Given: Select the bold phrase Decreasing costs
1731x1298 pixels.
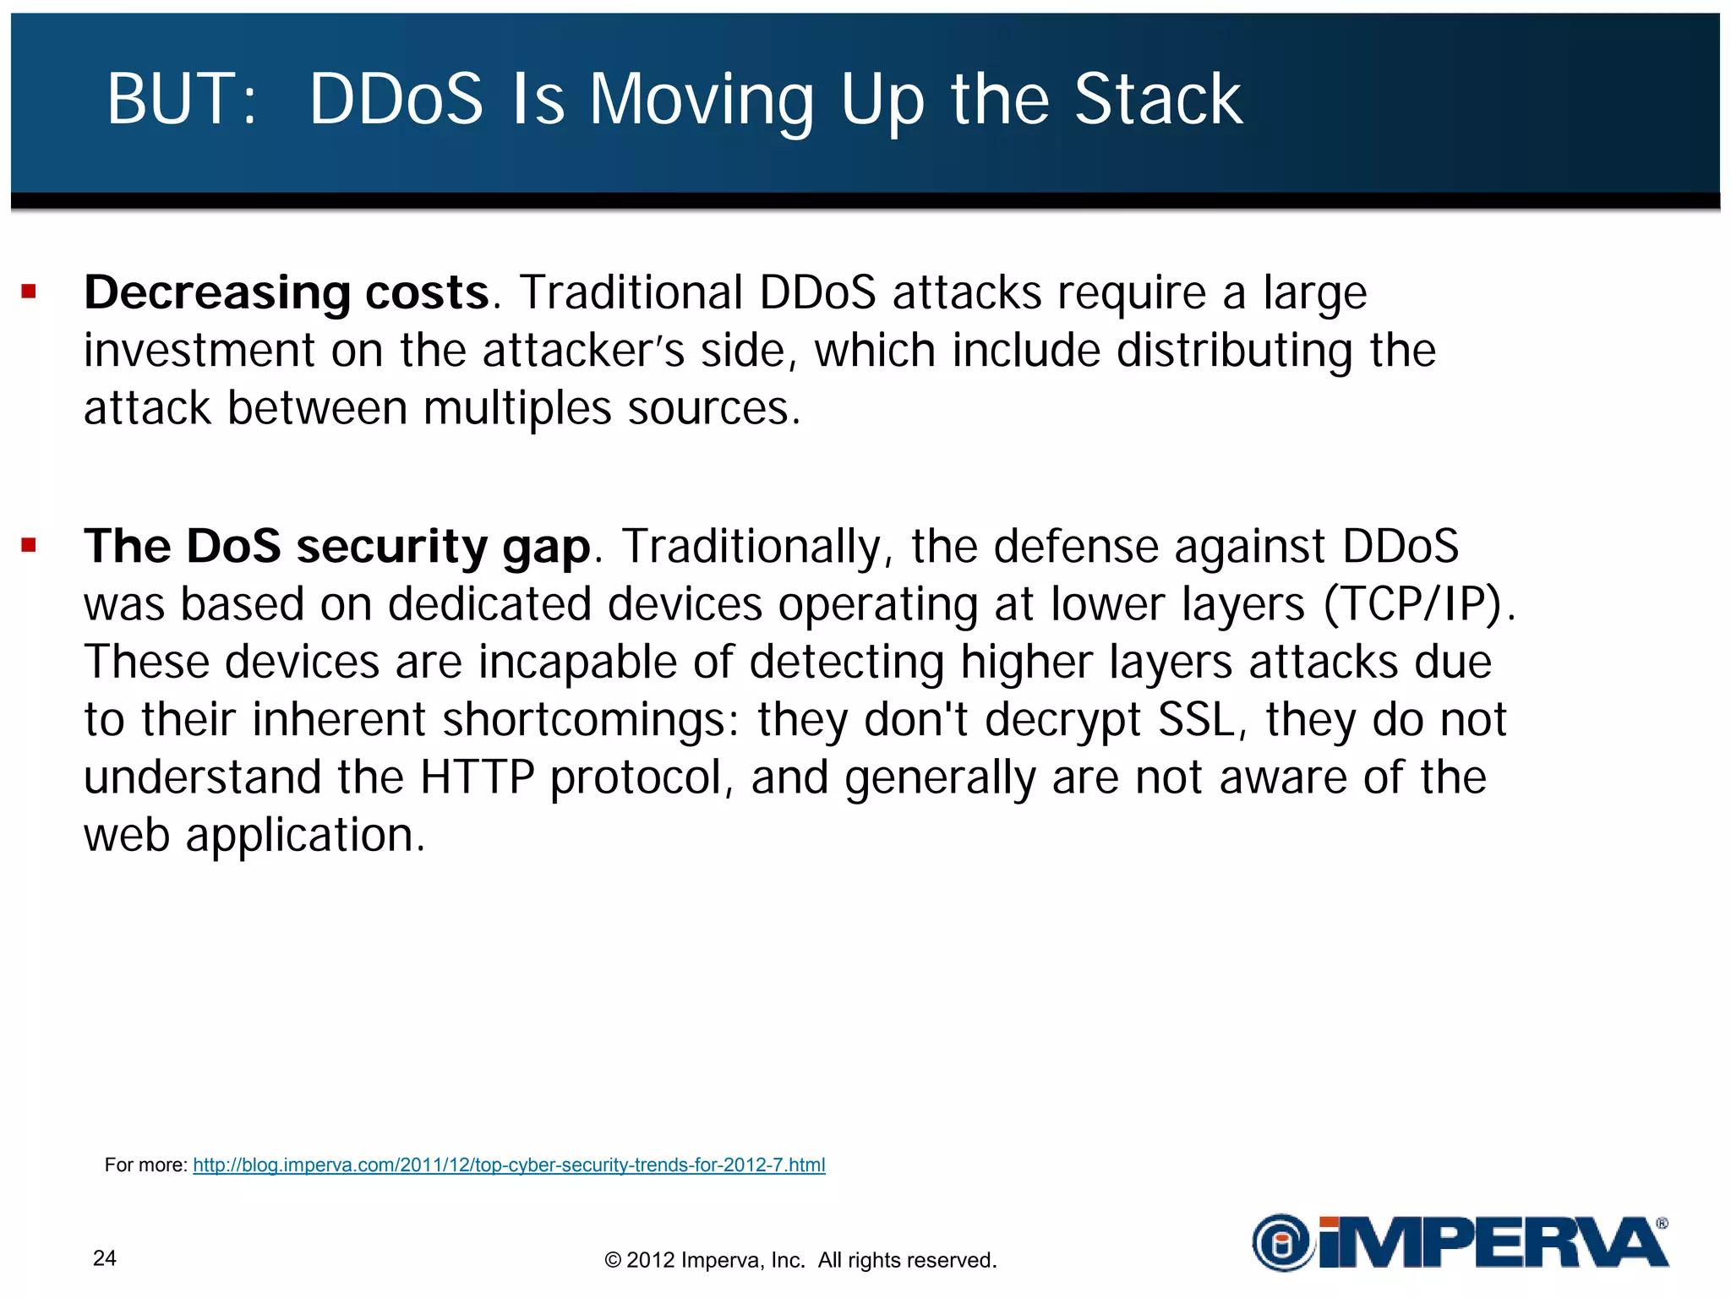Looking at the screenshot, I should tap(287, 293).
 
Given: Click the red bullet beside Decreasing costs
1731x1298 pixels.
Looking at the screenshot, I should tap(30, 292).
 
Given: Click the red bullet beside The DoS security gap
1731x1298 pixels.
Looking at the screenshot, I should tap(30, 545).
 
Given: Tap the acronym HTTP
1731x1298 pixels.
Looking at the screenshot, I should tap(478, 777).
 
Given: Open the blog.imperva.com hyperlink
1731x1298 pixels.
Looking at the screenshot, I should tap(509, 1164).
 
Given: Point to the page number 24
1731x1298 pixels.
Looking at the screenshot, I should tap(105, 1258).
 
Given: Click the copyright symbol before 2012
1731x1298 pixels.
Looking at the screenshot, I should tap(613, 1261).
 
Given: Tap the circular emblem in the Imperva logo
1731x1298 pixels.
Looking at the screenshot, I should tap(1281, 1243).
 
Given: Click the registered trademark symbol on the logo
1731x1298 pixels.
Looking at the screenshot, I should tap(1662, 1223).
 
